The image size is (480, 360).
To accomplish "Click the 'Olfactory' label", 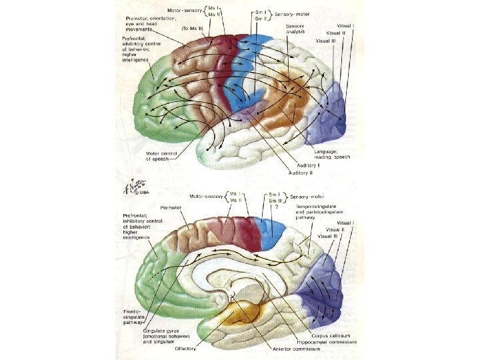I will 187,348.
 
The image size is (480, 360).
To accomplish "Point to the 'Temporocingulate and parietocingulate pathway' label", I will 314,213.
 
